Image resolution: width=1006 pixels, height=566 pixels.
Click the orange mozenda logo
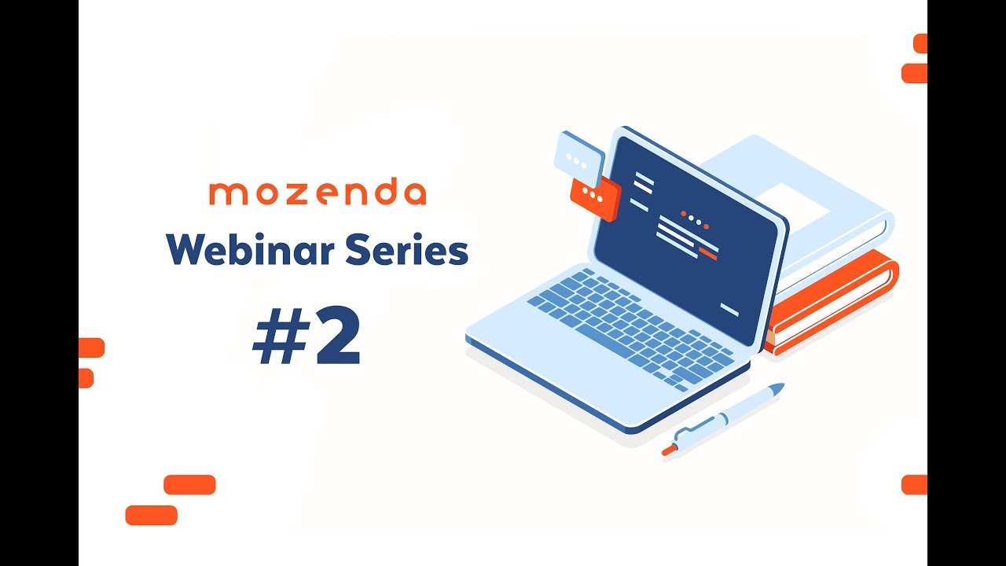(x=318, y=193)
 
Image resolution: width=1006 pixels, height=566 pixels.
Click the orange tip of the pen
(x=668, y=450)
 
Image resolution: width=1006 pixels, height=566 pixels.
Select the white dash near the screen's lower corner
(x=729, y=310)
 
